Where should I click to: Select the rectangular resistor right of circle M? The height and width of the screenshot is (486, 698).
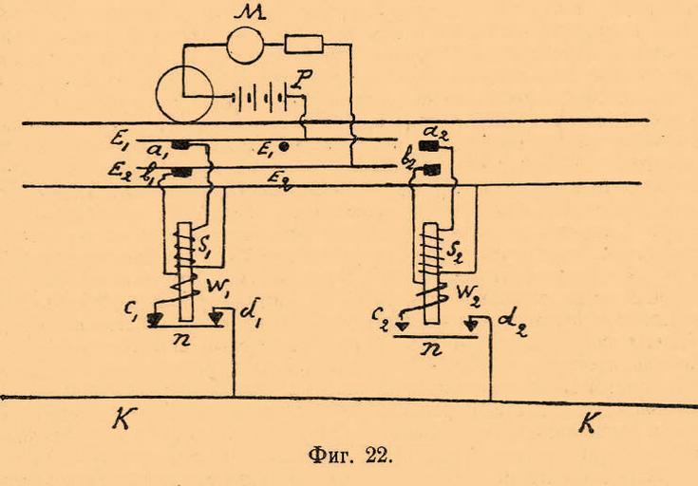click(x=304, y=43)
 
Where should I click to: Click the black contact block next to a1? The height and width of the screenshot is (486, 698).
click(x=198, y=146)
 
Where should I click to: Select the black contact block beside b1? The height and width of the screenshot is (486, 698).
click(x=198, y=172)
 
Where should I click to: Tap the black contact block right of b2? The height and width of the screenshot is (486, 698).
click(x=433, y=170)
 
